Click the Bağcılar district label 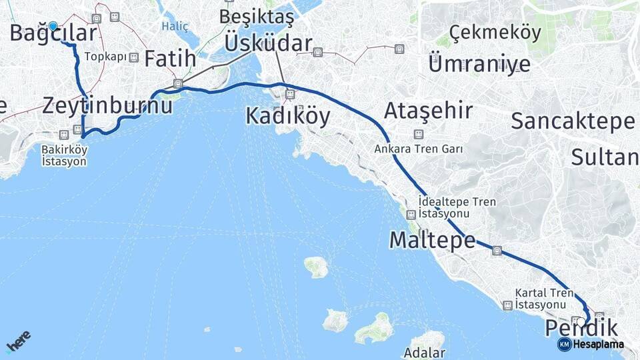tap(53, 33)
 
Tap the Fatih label tap(171, 59)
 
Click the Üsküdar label tap(268, 43)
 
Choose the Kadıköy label tap(287, 116)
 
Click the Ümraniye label tap(479, 64)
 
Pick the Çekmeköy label tap(495, 32)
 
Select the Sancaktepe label tap(572, 121)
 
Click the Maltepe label tap(432, 239)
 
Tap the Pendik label tap(581, 328)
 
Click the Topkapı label tap(105, 57)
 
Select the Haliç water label tap(175, 27)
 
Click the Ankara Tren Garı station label tap(418, 149)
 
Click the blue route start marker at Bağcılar tap(53, 27)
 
